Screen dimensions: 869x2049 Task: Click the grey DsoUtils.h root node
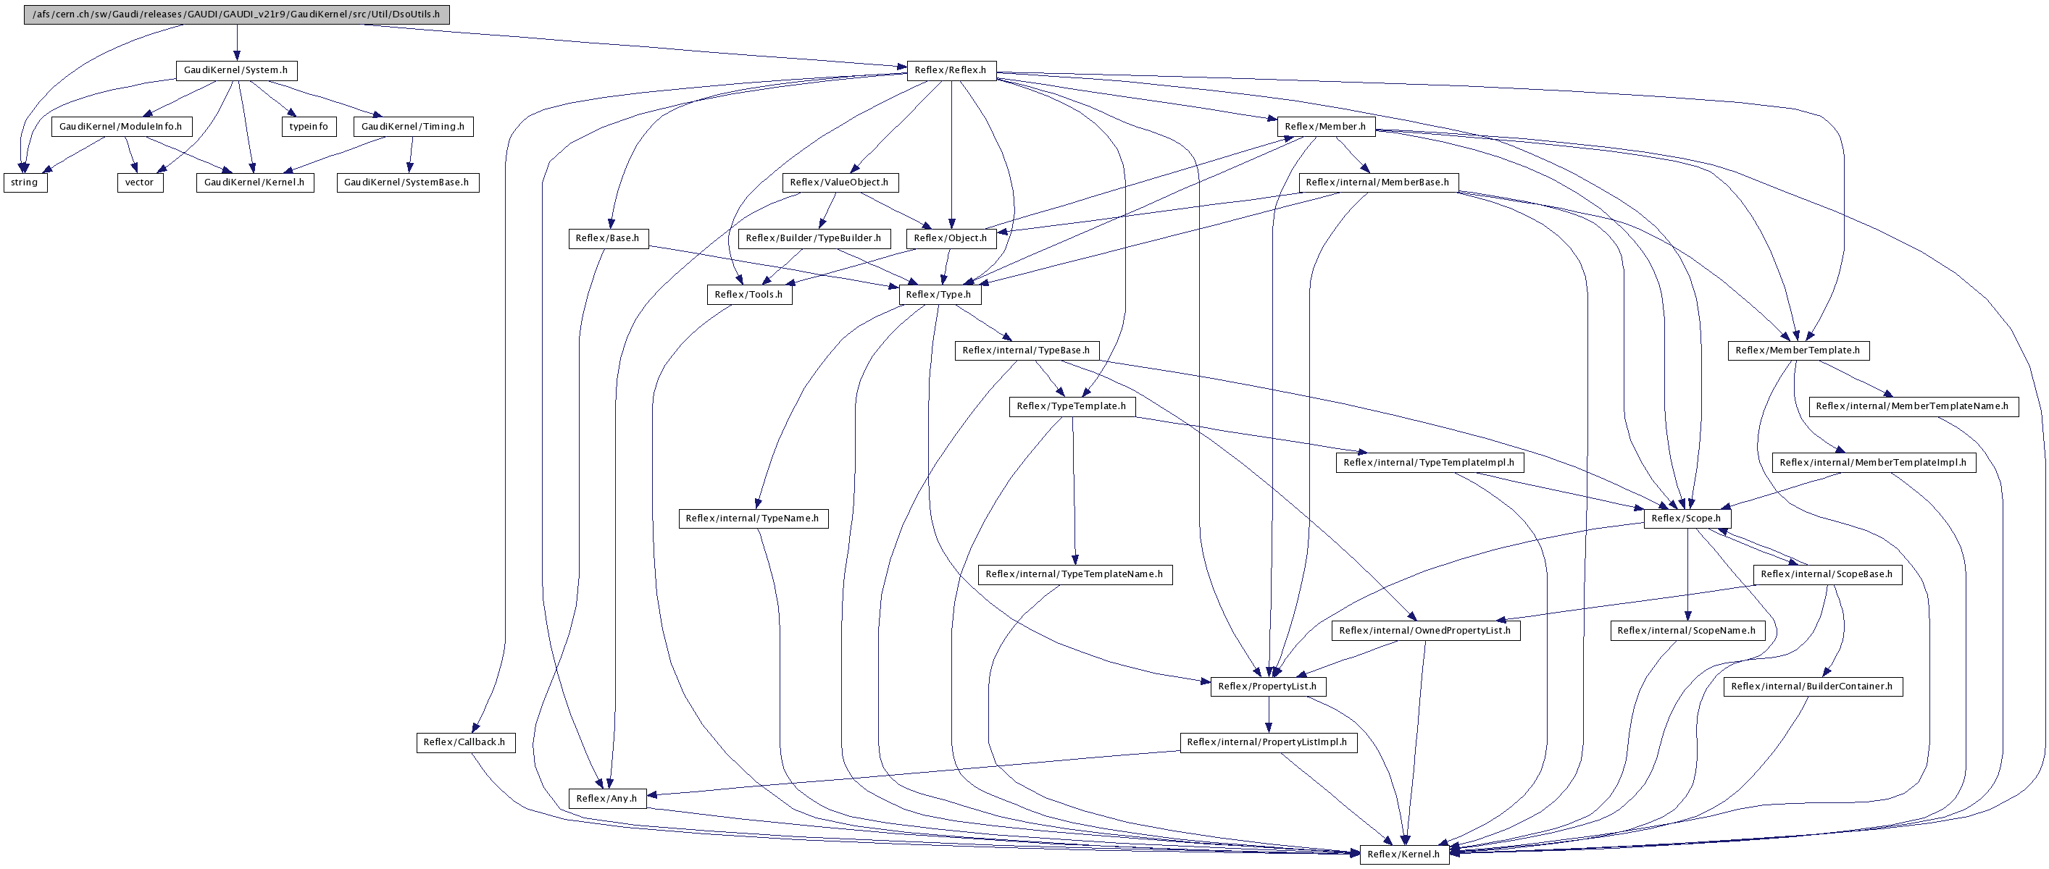click(x=236, y=14)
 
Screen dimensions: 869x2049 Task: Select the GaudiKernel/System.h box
click(x=235, y=70)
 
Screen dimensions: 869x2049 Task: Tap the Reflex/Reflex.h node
click(x=951, y=70)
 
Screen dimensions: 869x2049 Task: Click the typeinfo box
click(x=309, y=127)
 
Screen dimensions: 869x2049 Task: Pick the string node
click(x=25, y=182)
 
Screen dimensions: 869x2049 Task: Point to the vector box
click(x=139, y=182)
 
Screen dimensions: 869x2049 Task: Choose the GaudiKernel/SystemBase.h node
click(x=406, y=182)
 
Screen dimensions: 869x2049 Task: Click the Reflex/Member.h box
click(x=1325, y=127)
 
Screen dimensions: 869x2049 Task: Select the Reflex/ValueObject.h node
click(x=839, y=182)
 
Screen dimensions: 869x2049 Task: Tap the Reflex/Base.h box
click(x=608, y=238)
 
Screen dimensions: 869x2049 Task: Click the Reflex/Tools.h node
click(x=748, y=294)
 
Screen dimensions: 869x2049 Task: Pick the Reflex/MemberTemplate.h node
click(x=1798, y=350)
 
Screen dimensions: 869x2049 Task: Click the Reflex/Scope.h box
click(x=1686, y=519)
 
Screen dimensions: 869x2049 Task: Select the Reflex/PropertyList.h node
click(x=1267, y=686)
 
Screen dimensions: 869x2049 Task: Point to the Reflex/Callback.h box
click(x=464, y=742)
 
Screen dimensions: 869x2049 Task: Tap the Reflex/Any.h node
click(x=607, y=798)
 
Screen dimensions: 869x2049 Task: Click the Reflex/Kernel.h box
click(x=1404, y=854)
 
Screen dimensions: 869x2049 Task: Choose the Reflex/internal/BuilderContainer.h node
click(x=1812, y=686)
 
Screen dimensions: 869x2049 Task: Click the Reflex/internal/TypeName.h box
click(x=753, y=519)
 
